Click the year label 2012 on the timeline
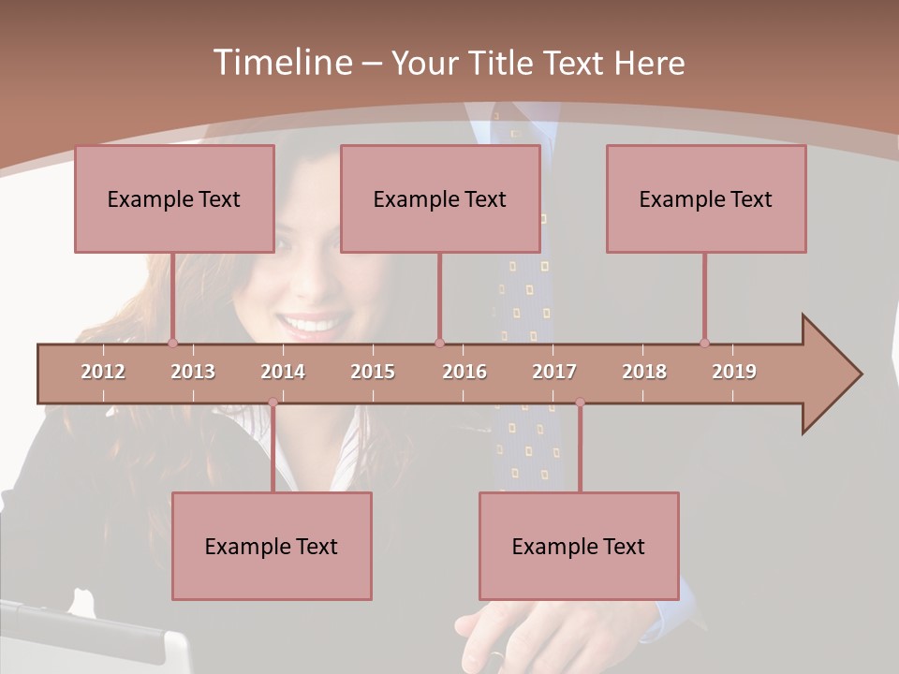(103, 372)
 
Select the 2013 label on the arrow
(193, 372)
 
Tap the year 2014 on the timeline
(283, 372)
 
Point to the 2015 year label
(373, 372)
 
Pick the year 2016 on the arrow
(464, 372)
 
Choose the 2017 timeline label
(554, 372)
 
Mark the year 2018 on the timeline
(644, 372)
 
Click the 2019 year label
(734, 372)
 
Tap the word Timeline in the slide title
(282, 63)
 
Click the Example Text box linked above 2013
(174, 198)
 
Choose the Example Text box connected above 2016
(440, 198)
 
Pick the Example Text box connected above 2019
(706, 198)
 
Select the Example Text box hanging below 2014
(272, 546)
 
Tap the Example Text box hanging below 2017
(579, 546)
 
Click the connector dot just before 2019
(704, 343)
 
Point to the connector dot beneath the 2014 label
(273, 403)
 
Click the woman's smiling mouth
(311, 326)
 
